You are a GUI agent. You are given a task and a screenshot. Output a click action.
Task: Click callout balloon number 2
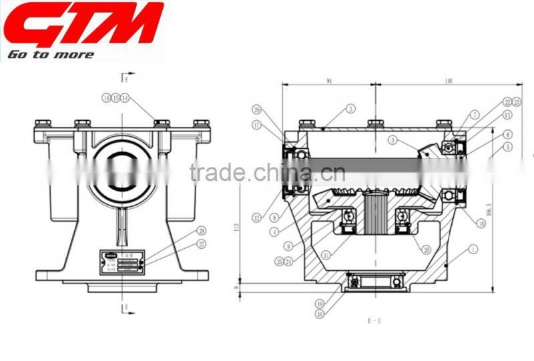coord(350,108)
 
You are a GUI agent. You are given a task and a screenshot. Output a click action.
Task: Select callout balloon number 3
coord(394,141)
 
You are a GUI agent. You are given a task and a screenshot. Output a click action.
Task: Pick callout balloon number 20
coord(425,250)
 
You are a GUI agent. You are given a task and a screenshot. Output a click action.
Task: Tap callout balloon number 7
coord(475,115)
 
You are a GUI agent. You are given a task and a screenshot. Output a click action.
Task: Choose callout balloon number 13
coord(508,115)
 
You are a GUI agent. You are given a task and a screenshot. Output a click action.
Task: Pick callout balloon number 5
coord(508,146)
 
